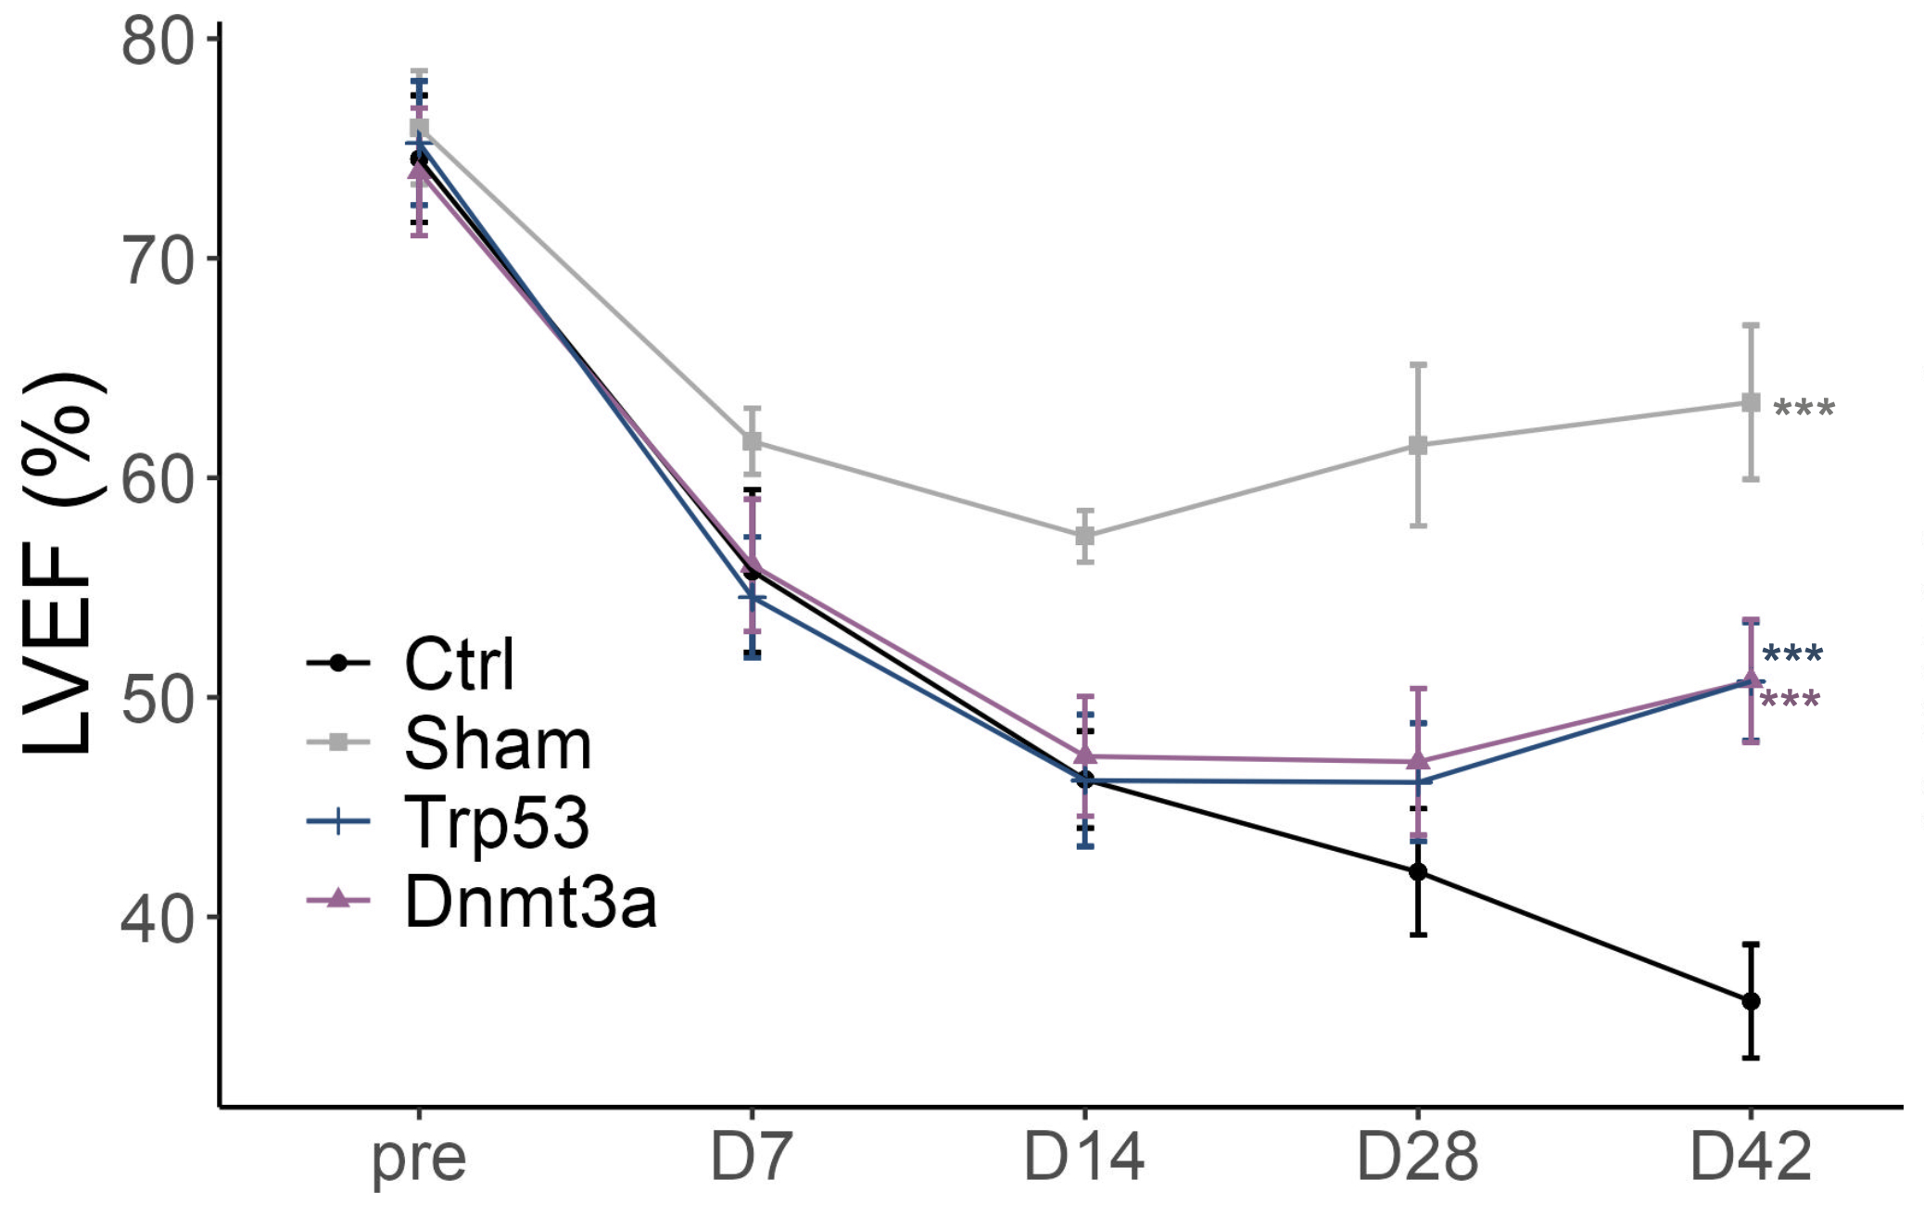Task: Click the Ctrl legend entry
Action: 458,664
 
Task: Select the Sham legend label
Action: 497,743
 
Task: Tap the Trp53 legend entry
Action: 496,822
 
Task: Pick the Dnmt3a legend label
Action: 530,902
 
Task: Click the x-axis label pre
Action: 419,1159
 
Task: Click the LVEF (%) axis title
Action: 57,565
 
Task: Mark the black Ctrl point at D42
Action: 1751,1001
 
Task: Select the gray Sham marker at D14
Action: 1084,536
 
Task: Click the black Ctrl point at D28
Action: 1418,872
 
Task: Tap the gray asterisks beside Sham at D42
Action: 1804,408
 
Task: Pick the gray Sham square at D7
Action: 752,440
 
